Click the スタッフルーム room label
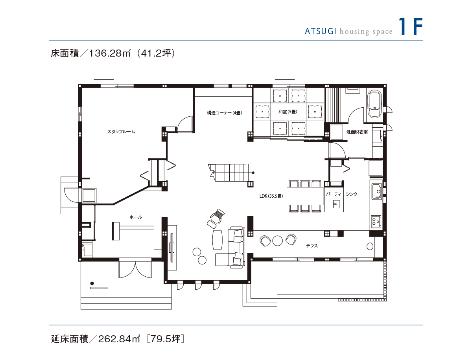click(x=121, y=132)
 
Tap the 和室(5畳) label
click(x=288, y=112)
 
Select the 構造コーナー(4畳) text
click(x=225, y=113)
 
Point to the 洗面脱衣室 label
click(x=357, y=132)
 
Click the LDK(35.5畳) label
click(x=271, y=196)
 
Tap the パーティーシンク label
click(x=341, y=194)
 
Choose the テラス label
click(x=312, y=246)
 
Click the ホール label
click(x=136, y=217)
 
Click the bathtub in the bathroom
click(x=374, y=104)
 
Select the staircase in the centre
click(x=231, y=173)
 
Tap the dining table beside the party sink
click(x=305, y=196)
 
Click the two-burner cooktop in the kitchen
click(x=376, y=222)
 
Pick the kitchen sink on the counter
click(x=377, y=191)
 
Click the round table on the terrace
click(x=277, y=241)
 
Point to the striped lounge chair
click(x=216, y=218)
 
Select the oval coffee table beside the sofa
click(x=217, y=240)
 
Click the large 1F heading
click(x=411, y=26)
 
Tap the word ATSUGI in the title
click(x=321, y=31)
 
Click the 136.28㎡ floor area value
click(x=110, y=53)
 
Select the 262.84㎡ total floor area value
click(x=119, y=339)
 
